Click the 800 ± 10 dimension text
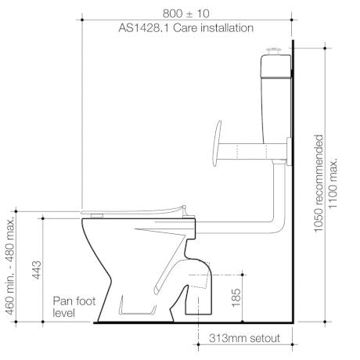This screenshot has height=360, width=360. [185, 13]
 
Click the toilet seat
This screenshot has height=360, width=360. [133, 211]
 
